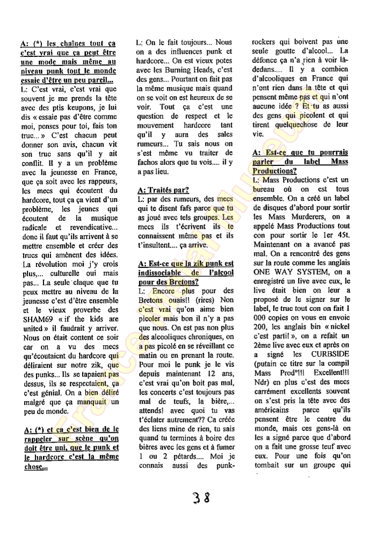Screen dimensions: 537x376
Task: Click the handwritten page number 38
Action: (x=200, y=496)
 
